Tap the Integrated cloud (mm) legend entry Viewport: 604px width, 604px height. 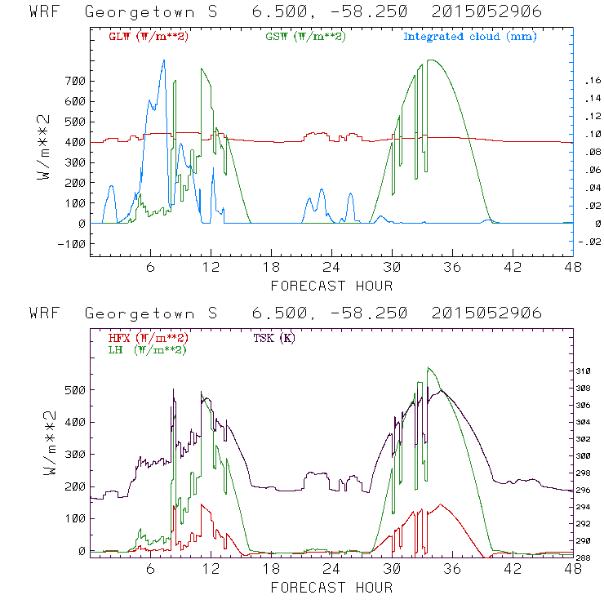469,37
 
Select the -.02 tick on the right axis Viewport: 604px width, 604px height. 589,242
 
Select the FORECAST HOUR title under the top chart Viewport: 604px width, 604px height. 331,286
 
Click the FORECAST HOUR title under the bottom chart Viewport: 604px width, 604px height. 331,588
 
